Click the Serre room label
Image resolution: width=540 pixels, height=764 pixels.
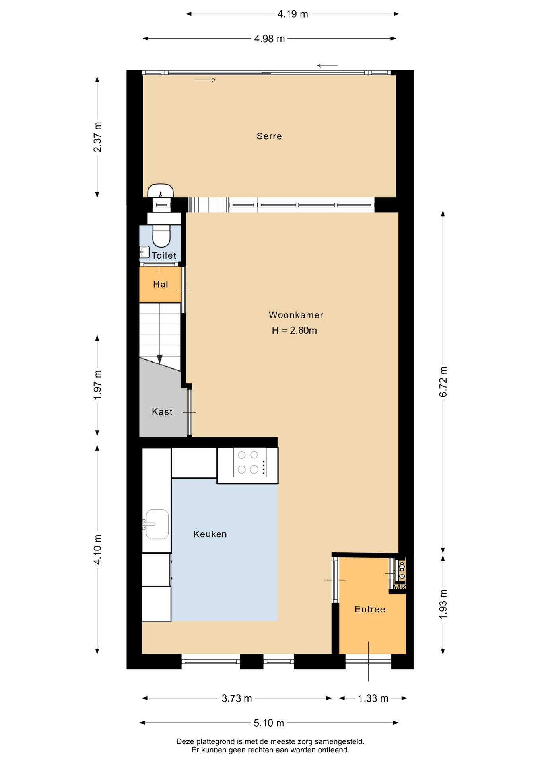point(269,136)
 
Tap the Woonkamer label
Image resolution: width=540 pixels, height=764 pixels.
point(296,315)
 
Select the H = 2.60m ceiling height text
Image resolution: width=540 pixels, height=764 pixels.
point(294,331)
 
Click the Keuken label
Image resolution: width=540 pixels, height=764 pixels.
point(210,534)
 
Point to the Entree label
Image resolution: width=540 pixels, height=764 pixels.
point(370,609)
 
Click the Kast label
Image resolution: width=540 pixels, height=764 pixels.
point(162,412)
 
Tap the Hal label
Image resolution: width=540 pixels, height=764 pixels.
point(161,285)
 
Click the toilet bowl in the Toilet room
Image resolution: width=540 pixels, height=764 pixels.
point(161,236)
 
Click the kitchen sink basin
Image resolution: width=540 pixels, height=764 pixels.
point(157,524)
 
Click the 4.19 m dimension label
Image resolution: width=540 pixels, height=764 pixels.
point(293,14)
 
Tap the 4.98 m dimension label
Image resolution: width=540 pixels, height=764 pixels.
point(270,39)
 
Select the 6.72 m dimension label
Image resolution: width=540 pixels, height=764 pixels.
point(443,382)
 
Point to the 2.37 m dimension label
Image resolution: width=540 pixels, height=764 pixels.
point(97,137)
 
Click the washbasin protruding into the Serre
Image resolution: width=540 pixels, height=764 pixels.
point(161,191)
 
